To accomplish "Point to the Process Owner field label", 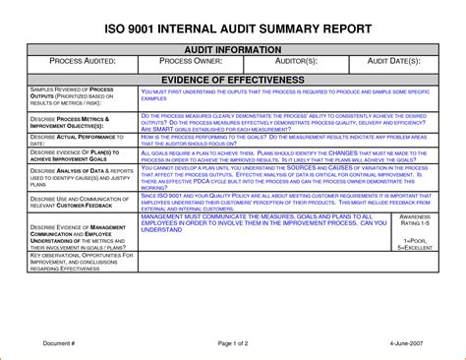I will tap(186, 62).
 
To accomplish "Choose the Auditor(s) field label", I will tap(292, 62).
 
